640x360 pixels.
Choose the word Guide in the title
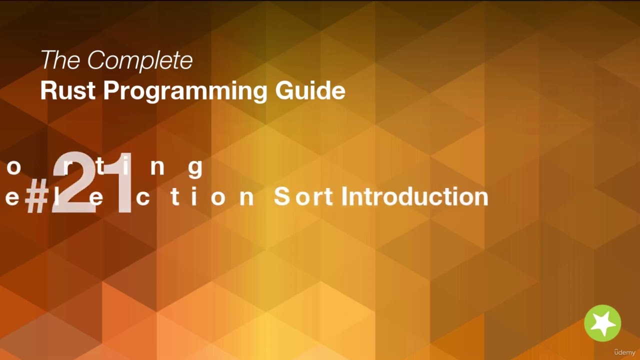[310, 90]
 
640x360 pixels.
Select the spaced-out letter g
[195, 168]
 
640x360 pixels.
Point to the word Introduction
[414, 196]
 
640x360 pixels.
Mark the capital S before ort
[281, 196]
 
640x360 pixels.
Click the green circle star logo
[602, 323]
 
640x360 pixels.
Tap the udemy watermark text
[624, 352]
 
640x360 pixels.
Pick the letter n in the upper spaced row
[157, 168]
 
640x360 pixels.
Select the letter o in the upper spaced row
[13, 168]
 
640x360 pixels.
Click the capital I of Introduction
[344, 196]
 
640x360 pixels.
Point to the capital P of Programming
[111, 90]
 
